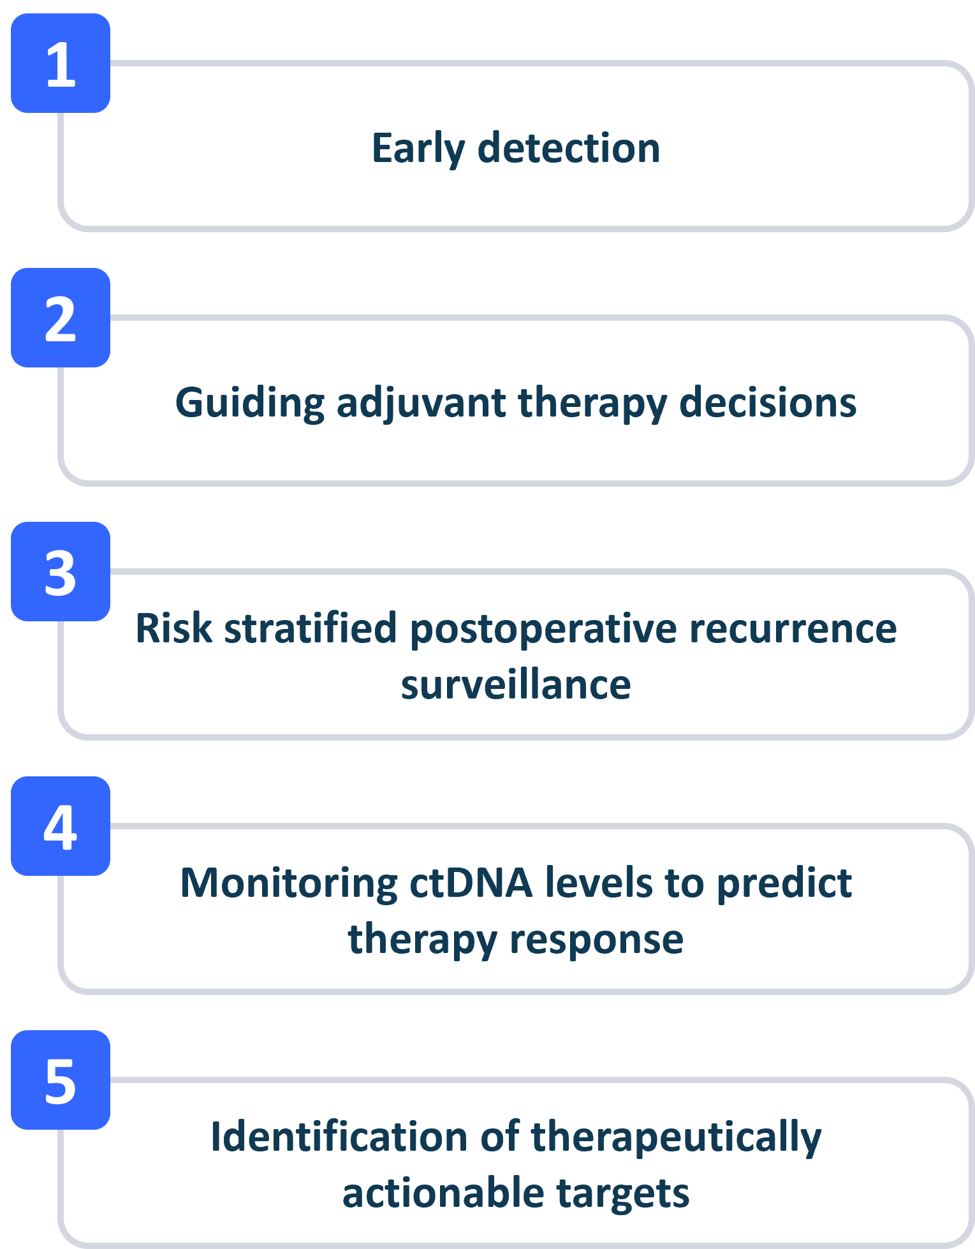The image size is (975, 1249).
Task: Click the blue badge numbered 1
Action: [x=61, y=63]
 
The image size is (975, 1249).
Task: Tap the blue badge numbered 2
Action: [x=61, y=318]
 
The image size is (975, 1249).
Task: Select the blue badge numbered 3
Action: [x=61, y=572]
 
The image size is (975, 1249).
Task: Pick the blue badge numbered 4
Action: [x=61, y=826]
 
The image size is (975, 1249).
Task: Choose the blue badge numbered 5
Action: [x=61, y=1080]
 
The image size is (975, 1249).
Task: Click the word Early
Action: [x=418, y=149]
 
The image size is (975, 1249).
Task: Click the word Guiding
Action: [x=249, y=404]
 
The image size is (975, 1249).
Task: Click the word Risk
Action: [x=173, y=628]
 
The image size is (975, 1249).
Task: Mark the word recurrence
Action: [x=793, y=630]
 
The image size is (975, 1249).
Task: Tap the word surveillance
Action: [x=516, y=684]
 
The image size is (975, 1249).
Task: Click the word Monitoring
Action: [x=290, y=884]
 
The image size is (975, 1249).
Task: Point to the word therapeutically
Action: [x=677, y=1138]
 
